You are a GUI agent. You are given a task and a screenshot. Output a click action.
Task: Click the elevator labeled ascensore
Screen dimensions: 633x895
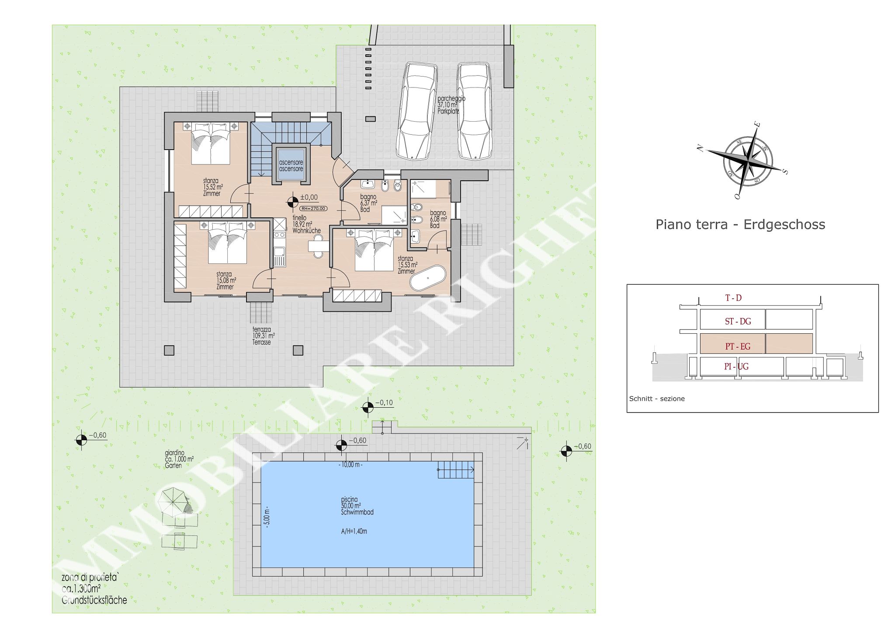pyautogui.click(x=291, y=166)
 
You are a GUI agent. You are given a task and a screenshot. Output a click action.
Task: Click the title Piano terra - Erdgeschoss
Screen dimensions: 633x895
pyautogui.click(x=740, y=224)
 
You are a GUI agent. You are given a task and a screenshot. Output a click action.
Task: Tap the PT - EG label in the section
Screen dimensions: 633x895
pyautogui.click(x=738, y=346)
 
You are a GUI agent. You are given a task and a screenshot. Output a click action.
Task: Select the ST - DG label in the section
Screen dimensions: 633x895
pyautogui.click(x=738, y=322)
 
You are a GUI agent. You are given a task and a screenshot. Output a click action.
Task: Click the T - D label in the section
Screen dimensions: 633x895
pyautogui.click(x=733, y=298)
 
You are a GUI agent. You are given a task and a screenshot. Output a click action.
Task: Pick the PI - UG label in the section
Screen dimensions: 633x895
pyautogui.click(x=736, y=367)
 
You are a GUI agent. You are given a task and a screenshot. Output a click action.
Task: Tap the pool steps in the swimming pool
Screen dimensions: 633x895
pyautogui.click(x=455, y=470)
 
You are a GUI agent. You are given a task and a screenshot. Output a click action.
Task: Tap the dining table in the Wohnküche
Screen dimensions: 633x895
pyautogui.click(x=318, y=246)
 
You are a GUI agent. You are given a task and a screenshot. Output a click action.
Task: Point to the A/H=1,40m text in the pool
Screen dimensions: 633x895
pyautogui.click(x=354, y=532)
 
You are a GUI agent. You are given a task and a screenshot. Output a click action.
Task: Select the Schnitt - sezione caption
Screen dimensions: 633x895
pyautogui.click(x=656, y=399)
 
